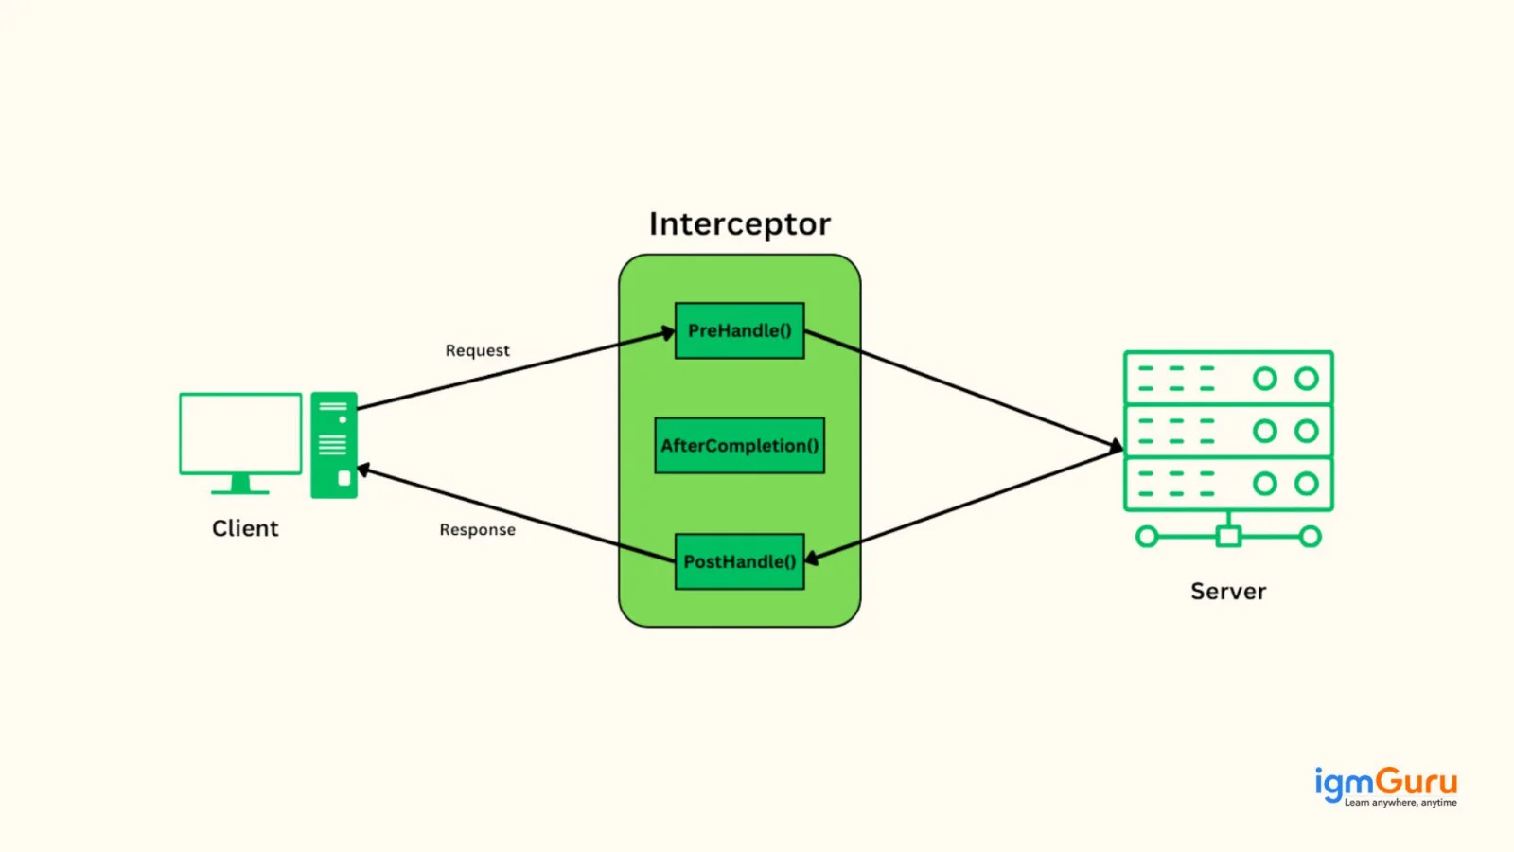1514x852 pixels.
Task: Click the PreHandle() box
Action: [739, 330]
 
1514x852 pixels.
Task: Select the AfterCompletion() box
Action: [739, 446]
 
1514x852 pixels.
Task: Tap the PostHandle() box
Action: [739, 561]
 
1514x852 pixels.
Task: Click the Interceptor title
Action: [739, 223]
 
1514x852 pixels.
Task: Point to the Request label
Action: [477, 350]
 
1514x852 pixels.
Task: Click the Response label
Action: [477, 529]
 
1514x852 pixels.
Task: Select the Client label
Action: [245, 528]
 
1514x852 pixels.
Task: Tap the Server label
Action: [1228, 591]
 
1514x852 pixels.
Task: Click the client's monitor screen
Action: [240, 434]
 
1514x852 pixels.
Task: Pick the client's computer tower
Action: [334, 445]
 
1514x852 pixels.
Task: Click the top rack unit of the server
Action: [1228, 378]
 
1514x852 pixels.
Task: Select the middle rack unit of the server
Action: [1228, 431]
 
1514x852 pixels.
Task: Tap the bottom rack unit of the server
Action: [1228, 484]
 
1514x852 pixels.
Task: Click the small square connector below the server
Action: [1228, 537]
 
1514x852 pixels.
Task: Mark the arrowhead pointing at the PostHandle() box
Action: [812, 558]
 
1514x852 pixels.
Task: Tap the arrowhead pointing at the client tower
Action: [363, 470]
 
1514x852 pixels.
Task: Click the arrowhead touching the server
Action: [1116, 446]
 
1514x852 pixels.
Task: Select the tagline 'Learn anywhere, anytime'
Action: [1400, 803]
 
